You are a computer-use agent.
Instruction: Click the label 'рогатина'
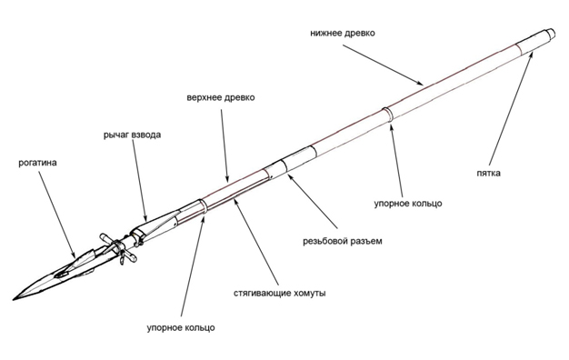click(x=38, y=163)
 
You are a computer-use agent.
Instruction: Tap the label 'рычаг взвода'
click(x=132, y=135)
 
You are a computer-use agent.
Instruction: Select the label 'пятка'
click(x=488, y=173)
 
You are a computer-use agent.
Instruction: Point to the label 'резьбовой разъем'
click(x=343, y=241)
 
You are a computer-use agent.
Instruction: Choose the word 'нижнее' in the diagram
click(x=326, y=33)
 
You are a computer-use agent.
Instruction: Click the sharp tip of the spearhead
click(x=14, y=299)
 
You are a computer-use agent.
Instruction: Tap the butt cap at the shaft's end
click(x=549, y=34)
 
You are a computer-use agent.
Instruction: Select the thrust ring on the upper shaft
click(x=203, y=207)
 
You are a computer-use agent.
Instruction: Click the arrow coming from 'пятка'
click(x=511, y=109)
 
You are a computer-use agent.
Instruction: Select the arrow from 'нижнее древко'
click(x=384, y=65)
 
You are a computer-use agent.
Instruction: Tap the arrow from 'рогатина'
click(x=57, y=215)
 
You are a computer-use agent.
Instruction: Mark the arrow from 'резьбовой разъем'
click(x=313, y=202)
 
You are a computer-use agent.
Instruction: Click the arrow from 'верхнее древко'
click(x=225, y=145)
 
